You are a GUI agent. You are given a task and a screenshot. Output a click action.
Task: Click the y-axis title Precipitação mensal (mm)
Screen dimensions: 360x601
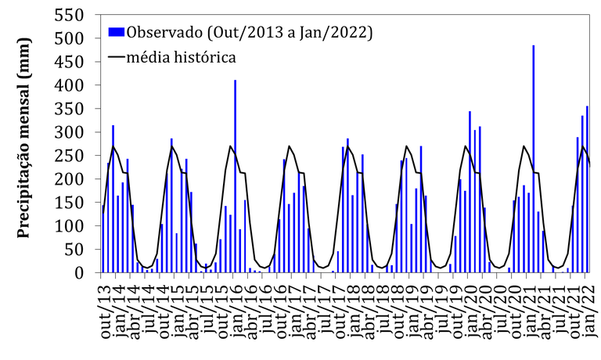[x=23, y=144]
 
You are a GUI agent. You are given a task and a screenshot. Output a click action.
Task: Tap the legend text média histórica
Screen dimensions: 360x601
[x=182, y=57]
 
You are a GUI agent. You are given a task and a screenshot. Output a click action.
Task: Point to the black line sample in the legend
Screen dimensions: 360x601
[x=117, y=57]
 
